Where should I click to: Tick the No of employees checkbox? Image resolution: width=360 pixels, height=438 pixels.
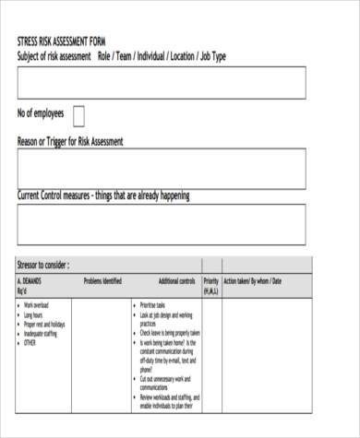tap(78, 114)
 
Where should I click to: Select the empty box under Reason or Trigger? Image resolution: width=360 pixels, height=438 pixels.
tap(161, 168)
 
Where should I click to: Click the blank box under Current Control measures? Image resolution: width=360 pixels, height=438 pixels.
tap(161, 224)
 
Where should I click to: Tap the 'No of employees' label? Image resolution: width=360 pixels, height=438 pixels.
tap(41, 113)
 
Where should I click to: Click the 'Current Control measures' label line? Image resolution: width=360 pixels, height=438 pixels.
tap(103, 195)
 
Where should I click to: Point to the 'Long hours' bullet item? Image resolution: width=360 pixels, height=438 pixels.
tap(38, 314)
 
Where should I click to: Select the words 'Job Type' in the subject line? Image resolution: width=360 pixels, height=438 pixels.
tap(211, 57)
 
